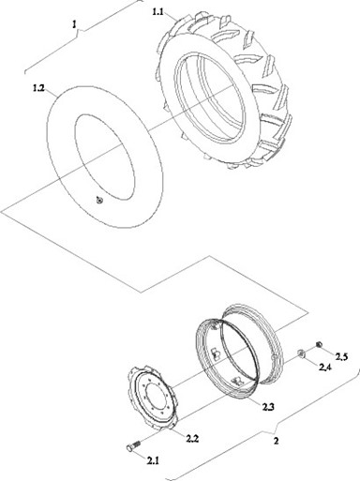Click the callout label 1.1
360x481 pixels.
[157, 12]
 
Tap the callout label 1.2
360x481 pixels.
[38, 88]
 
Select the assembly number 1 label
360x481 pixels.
[74, 24]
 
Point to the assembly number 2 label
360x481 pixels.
[276, 442]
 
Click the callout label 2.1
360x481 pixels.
[153, 460]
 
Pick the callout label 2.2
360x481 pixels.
[192, 439]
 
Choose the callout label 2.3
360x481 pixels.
[268, 407]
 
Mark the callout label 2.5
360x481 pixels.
[341, 356]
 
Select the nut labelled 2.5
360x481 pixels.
[319, 344]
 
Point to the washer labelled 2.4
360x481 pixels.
[302, 353]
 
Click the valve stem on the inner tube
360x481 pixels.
[99, 199]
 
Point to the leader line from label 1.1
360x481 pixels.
[172, 17]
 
